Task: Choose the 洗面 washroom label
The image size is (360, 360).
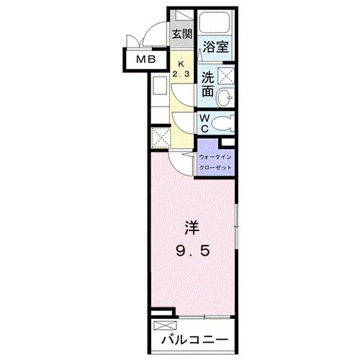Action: coord(207,85)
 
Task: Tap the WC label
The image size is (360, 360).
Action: coord(204,123)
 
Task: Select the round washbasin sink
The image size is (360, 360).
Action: coord(225,98)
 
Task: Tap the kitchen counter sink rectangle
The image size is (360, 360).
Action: coord(159,91)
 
